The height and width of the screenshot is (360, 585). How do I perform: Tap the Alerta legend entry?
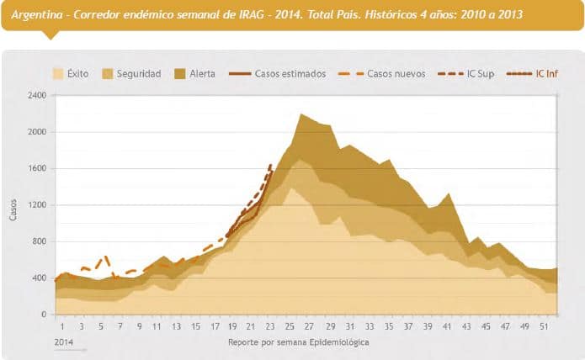[x=194, y=74]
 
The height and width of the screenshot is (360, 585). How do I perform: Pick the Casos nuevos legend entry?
[x=386, y=74]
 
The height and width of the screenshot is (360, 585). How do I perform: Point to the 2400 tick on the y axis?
[x=37, y=95]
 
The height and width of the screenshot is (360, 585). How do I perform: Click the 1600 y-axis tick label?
[x=37, y=168]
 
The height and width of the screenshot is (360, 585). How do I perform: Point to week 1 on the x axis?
[x=62, y=326]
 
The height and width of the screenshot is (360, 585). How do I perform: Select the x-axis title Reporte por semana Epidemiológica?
[x=298, y=342]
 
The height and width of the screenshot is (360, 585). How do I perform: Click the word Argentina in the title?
[x=35, y=13]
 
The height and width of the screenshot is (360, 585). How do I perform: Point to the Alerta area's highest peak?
[x=300, y=114]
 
